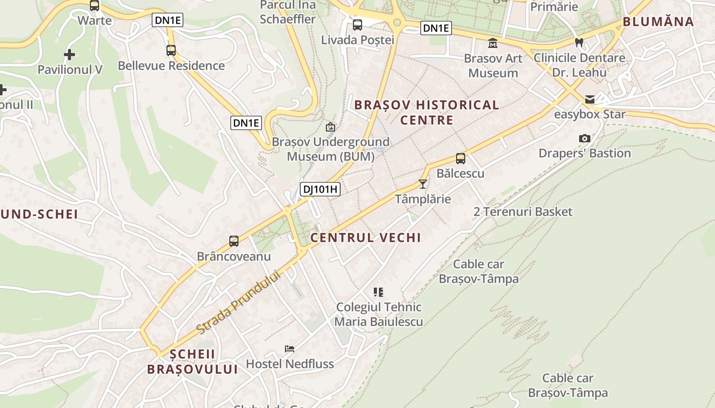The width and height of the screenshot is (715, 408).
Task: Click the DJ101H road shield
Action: click(x=320, y=189)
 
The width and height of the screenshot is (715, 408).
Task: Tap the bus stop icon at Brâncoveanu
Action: click(x=234, y=241)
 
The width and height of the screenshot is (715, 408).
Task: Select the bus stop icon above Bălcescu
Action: click(x=461, y=159)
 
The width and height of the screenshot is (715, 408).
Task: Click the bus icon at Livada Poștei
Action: click(x=357, y=24)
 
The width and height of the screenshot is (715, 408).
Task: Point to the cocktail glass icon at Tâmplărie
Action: click(x=423, y=184)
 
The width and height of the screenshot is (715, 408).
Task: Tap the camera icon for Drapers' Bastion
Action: click(x=585, y=138)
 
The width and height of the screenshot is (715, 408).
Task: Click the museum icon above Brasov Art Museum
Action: click(x=493, y=43)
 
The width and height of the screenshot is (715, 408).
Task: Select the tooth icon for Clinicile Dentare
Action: click(x=579, y=42)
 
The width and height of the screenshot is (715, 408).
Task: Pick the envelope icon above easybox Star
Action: click(x=590, y=99)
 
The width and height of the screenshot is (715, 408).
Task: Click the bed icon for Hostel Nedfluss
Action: click(x=290, y=349)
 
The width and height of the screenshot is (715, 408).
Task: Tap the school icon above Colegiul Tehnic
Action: click(x=378, y=292)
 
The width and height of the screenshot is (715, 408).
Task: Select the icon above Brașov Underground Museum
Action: click(x=330, y=126)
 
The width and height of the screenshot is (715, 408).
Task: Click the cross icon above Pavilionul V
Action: click(x=69, y=55)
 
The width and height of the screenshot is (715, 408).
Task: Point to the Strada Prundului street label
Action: click(x=239, y=302)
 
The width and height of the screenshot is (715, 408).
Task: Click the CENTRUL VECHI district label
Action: click(x=366, y=238)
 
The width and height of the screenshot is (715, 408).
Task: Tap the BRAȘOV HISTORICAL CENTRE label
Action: click(x=426, y=112)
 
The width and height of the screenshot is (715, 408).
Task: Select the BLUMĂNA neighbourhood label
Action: click(x=658, y=21)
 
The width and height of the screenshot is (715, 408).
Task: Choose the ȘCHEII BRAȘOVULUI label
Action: click(x=193, y=362)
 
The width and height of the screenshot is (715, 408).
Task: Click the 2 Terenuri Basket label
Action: click(x=523, y=212)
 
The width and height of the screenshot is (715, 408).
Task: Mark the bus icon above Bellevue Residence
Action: click(x=171, y=50)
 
